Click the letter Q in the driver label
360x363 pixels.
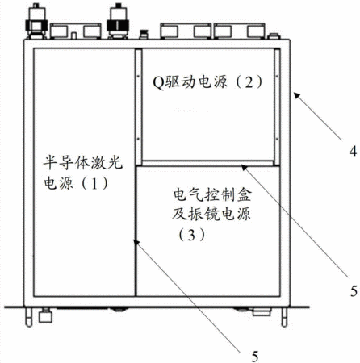(x=158, y=81)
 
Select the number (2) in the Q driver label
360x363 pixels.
(x=249, y=81)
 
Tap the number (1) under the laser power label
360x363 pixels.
(x=94, y=183)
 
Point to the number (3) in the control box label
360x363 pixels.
(x=190, y=235)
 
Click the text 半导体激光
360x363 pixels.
(x=82, y=162)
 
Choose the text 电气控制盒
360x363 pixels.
(x=212, y=194)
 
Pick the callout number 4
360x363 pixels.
(x=353, y=151)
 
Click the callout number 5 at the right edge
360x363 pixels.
(x=354, y=290)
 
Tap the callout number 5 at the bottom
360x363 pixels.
(x=255, y=357)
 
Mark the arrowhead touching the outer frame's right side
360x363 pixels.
(x=297, y=95)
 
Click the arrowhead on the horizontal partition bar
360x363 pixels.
(x=245, y=168)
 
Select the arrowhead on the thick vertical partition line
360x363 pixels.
(x=137, y=243)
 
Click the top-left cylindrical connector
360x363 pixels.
(x=36, y=21)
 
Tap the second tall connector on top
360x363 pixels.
(x=118, y=21)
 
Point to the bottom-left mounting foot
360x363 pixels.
(x=28, y=317)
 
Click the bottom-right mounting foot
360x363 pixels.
(x=284, y=317)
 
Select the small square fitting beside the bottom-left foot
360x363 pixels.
(x=45, y=315)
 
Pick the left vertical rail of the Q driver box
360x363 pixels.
(x=138, y=106)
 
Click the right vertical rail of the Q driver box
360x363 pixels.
(x=277, y=107)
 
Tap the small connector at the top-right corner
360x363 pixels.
(x=274, y=36)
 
